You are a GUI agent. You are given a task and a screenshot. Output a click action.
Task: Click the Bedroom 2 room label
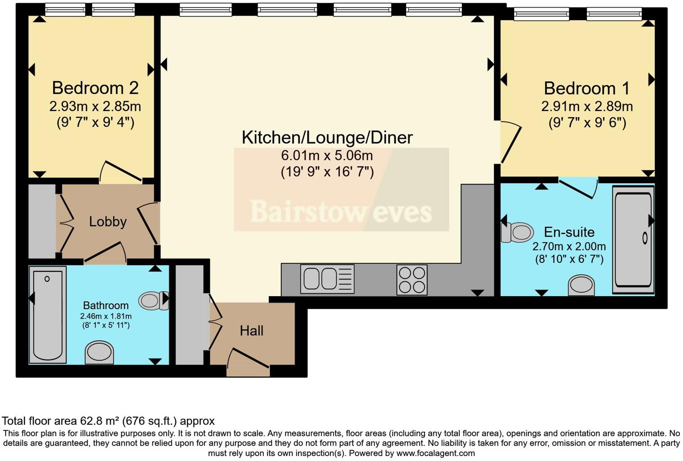[x=95, y=88]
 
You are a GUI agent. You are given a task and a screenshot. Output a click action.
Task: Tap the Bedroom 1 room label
[x=587, y=88]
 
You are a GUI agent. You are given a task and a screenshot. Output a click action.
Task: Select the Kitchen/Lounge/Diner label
[x=327, y=137]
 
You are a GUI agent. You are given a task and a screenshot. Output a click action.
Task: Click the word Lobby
[x=107, y=222]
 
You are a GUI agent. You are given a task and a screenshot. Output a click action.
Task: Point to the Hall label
[x=251, y=331]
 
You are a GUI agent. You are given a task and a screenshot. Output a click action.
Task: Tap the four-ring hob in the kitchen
[x=412, y=279]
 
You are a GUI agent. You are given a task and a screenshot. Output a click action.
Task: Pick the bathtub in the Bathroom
[x=48, y=315]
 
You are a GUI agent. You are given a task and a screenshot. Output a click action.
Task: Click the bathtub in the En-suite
[x=633, y=239]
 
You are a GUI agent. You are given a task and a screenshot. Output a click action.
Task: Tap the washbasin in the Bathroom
[x=99, y=352]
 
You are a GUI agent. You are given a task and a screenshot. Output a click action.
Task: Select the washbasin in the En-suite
[x=581, y=285]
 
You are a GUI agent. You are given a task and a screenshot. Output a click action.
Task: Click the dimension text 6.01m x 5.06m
[x=327, y=155]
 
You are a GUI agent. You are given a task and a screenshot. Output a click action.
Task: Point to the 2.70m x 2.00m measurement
[x=569, y=246]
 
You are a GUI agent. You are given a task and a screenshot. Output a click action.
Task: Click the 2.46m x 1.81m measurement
[x=106, y=316]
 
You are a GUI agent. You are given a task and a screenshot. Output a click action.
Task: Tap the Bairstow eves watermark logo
[x=341, y=211]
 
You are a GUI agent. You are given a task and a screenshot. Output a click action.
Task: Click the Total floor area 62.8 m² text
[x=108, y=421]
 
